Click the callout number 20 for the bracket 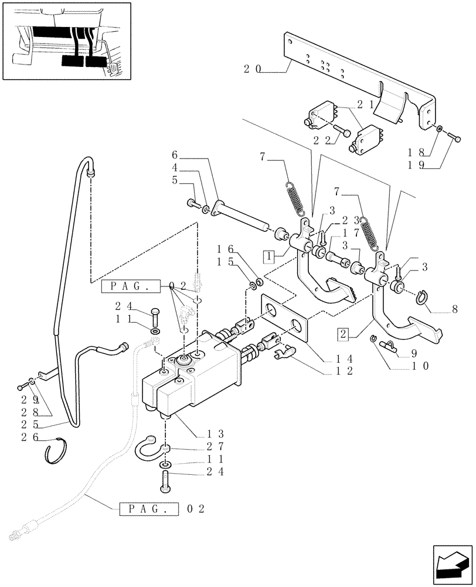pos(253,69)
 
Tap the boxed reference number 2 pos(344,335)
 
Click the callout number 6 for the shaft pos(174,155)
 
